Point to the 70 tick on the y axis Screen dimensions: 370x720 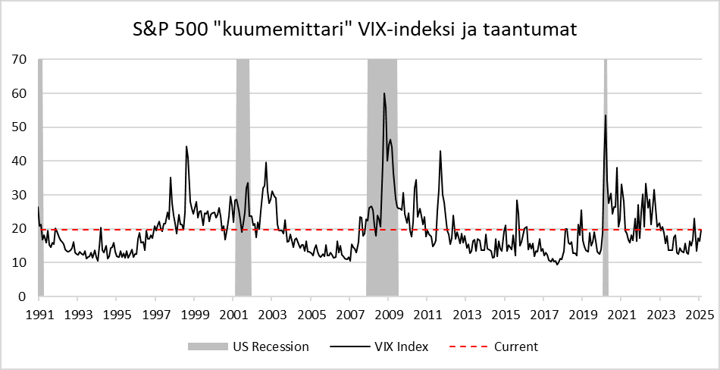(x=20, y=59)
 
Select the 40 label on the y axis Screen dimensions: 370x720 (x=20, y=161)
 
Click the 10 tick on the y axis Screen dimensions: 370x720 (x=20, y=262)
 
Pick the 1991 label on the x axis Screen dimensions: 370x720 (x=39, y=312)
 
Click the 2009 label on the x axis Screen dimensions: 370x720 (x=388, y=312)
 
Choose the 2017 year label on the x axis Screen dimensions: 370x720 (x=543, y=312)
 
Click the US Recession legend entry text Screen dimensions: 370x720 (x=271, y=346)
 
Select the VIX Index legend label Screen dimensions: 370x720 (x=401, y=346)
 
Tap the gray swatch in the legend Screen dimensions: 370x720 (x=208, y=346)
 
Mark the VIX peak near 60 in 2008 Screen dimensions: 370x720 (x=384, y=94)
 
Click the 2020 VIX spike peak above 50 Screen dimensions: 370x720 (x=605, y=116)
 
